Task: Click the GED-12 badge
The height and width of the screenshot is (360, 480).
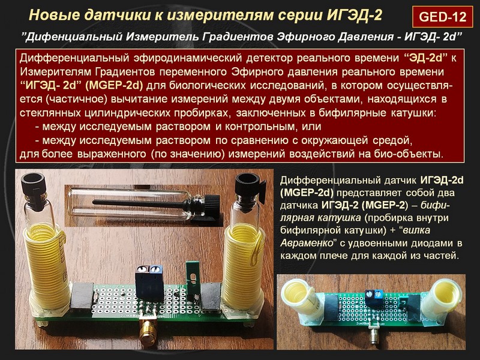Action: (442, 16)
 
